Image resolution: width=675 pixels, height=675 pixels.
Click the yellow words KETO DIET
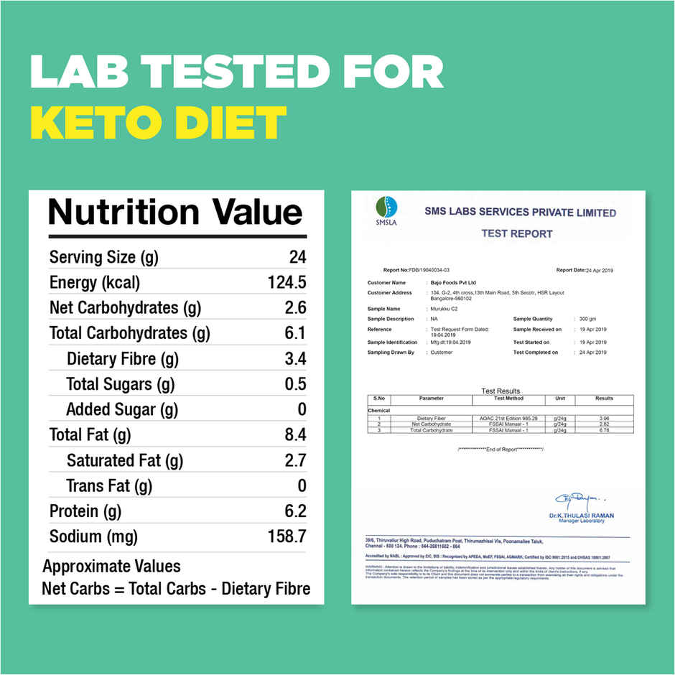[x=159, y=124]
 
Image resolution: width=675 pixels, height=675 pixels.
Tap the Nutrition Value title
[x=175, y=213]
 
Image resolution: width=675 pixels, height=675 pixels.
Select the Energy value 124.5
[x=287, y=282]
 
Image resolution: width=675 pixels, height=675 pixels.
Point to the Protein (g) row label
[x=85, y=511]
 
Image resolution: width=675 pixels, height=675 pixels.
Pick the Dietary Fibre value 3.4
[x=295, y=358]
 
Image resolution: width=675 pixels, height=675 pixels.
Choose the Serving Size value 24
[x=297, y=257]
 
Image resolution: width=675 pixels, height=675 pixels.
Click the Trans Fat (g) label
[x=109, y=485]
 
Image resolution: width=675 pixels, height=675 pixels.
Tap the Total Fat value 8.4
[x=295, y=434]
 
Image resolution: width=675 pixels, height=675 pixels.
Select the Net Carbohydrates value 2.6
[x=295, y=308]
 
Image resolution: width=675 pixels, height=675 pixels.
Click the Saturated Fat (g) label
[x=125, y=460]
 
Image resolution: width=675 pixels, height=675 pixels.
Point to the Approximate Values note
[x=111, y=566]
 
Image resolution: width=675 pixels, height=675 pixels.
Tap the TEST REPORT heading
[x=517, y=233]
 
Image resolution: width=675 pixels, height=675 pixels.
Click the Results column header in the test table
[x=604, y=399]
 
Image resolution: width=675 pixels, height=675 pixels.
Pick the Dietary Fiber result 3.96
[x=604, y=418]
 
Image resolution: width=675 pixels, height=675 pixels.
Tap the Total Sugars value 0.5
[x=295, y=384]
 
